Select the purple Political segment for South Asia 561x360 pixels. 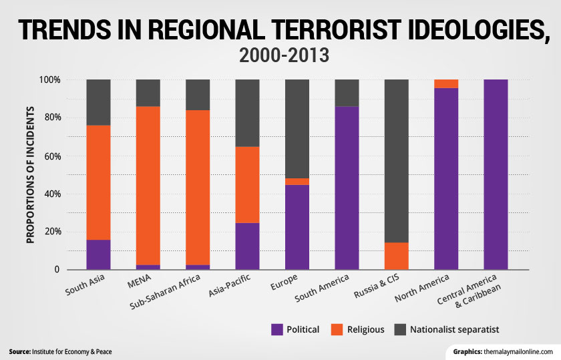pyautogui.click(x=98, y=254)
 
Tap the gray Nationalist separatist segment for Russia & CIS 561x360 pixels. pyautogui.click(x=396, y=161)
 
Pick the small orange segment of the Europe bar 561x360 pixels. pyautogui.click(x=297, y=182)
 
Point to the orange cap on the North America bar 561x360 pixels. pyautogui.click(x=445, y=83)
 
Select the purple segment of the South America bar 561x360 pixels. pyautogui.click(x=347, y=188)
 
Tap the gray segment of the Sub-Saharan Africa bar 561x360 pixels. pyautogui.click(x=198, y=95)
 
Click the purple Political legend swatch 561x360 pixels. pyautogui.click(x=278, y=329)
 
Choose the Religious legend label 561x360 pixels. pyautogui.click(x=365, y=329)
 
